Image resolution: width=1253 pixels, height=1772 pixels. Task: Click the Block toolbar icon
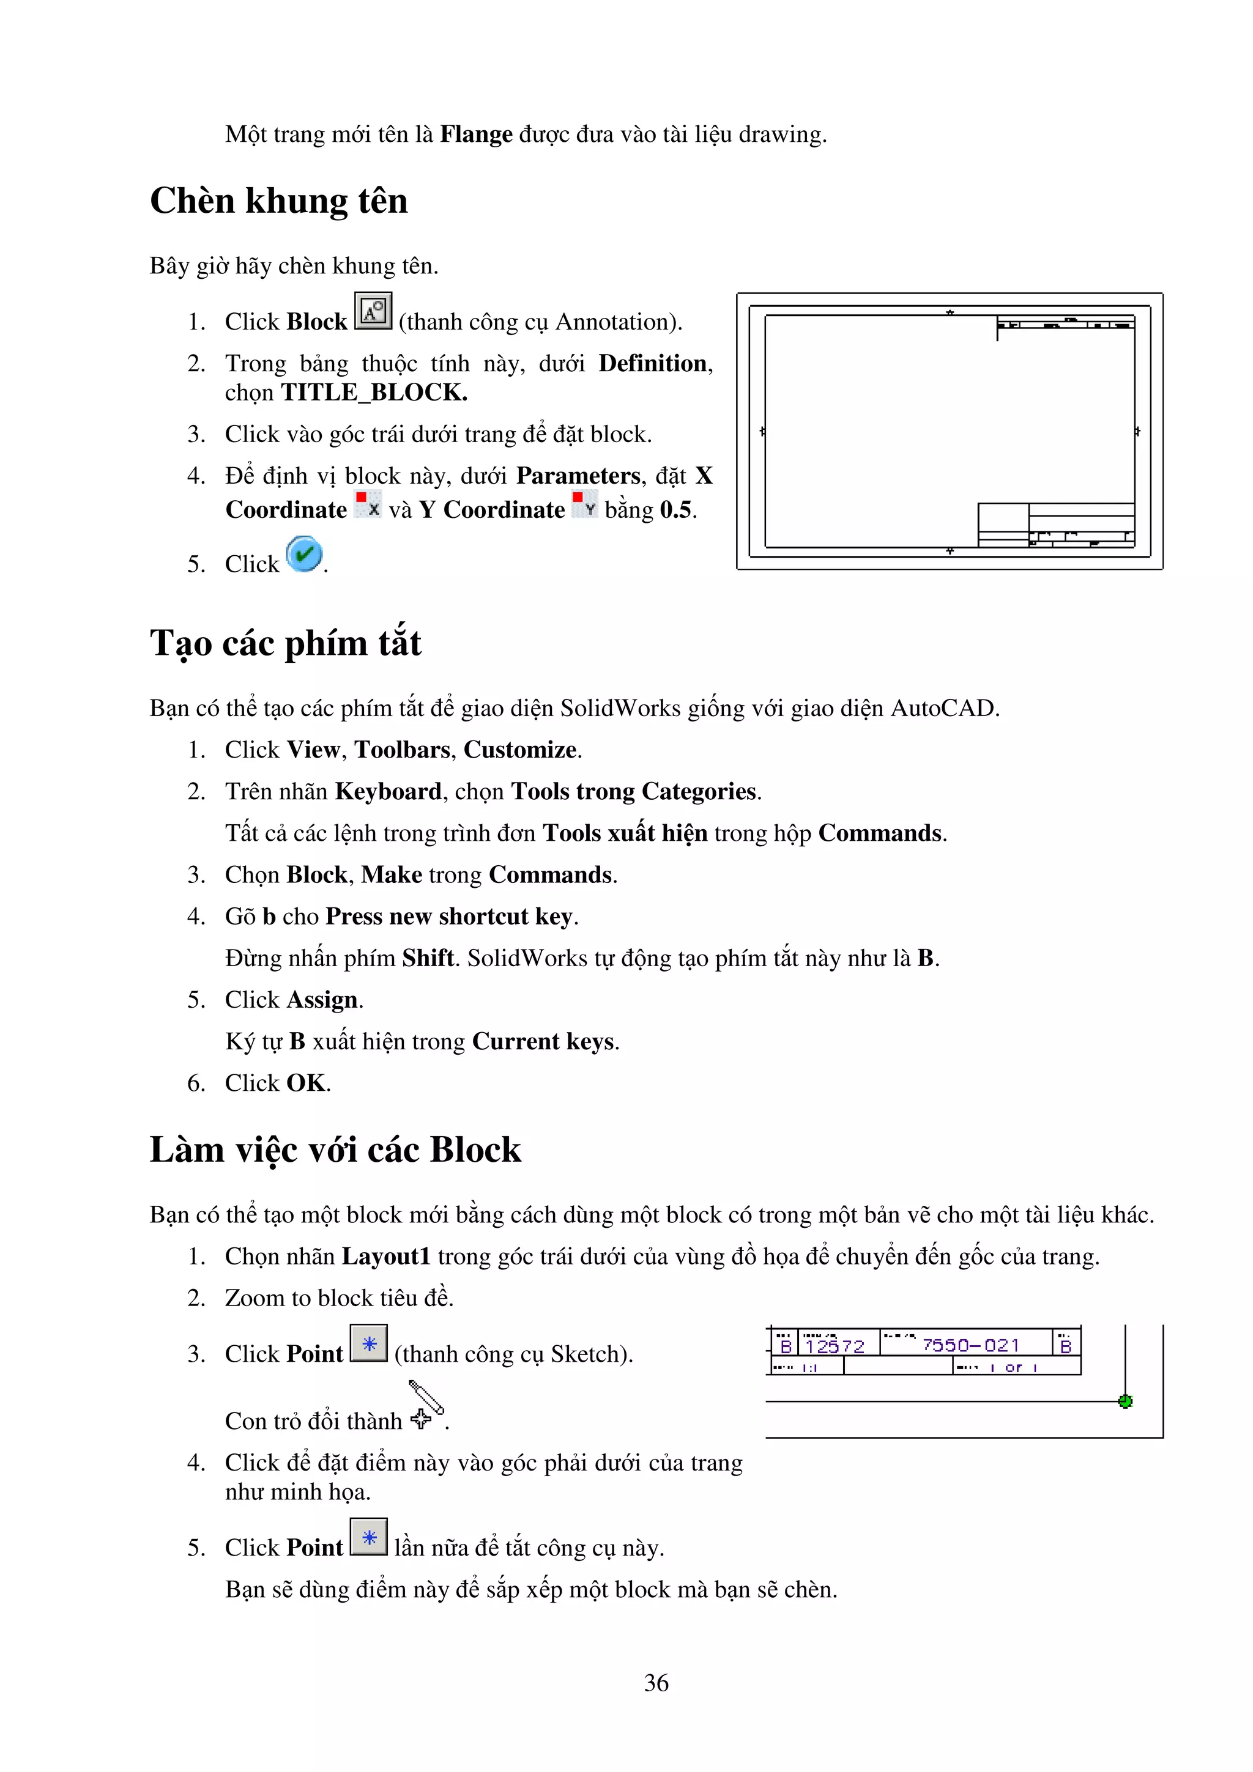373,311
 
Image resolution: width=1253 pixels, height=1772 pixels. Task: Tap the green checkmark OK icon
304,554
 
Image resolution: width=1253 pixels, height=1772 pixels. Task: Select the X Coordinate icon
368,504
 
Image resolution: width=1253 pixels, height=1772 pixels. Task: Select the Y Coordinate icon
584,504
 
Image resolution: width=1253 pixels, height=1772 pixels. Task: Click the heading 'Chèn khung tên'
279,201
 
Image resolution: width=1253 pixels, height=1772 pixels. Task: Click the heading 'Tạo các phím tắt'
286,643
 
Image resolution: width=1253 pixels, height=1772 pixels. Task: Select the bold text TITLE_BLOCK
374,393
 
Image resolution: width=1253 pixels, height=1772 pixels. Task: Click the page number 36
656,1683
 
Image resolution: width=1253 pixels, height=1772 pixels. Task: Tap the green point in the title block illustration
1125,1401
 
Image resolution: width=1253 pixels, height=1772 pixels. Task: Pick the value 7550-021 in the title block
970,1345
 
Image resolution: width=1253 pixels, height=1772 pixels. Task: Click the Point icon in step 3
369,1343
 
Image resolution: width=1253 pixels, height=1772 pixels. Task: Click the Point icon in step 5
369,1537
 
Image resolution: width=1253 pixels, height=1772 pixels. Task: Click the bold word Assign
322,1000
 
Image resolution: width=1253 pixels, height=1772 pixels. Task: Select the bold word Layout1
386,1257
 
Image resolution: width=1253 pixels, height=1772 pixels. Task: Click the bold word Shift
428,959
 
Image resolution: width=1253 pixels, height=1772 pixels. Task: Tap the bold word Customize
519,750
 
